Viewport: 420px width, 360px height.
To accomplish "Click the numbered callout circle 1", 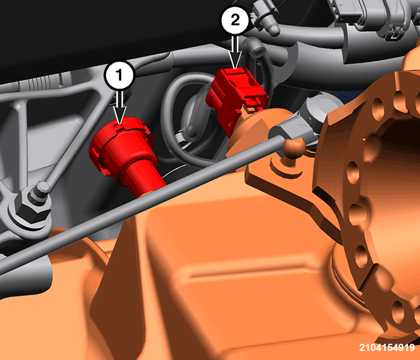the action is tap(119, 75).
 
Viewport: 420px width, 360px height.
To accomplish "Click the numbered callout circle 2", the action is tap(235, 20).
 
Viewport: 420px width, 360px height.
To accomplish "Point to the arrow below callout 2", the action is tap(235, 52).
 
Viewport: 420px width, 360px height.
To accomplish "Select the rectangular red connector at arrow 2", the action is tap(236, 97).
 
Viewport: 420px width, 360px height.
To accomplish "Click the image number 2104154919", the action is tap(387, 347).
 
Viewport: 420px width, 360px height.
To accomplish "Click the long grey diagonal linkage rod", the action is tap(142, 203).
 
